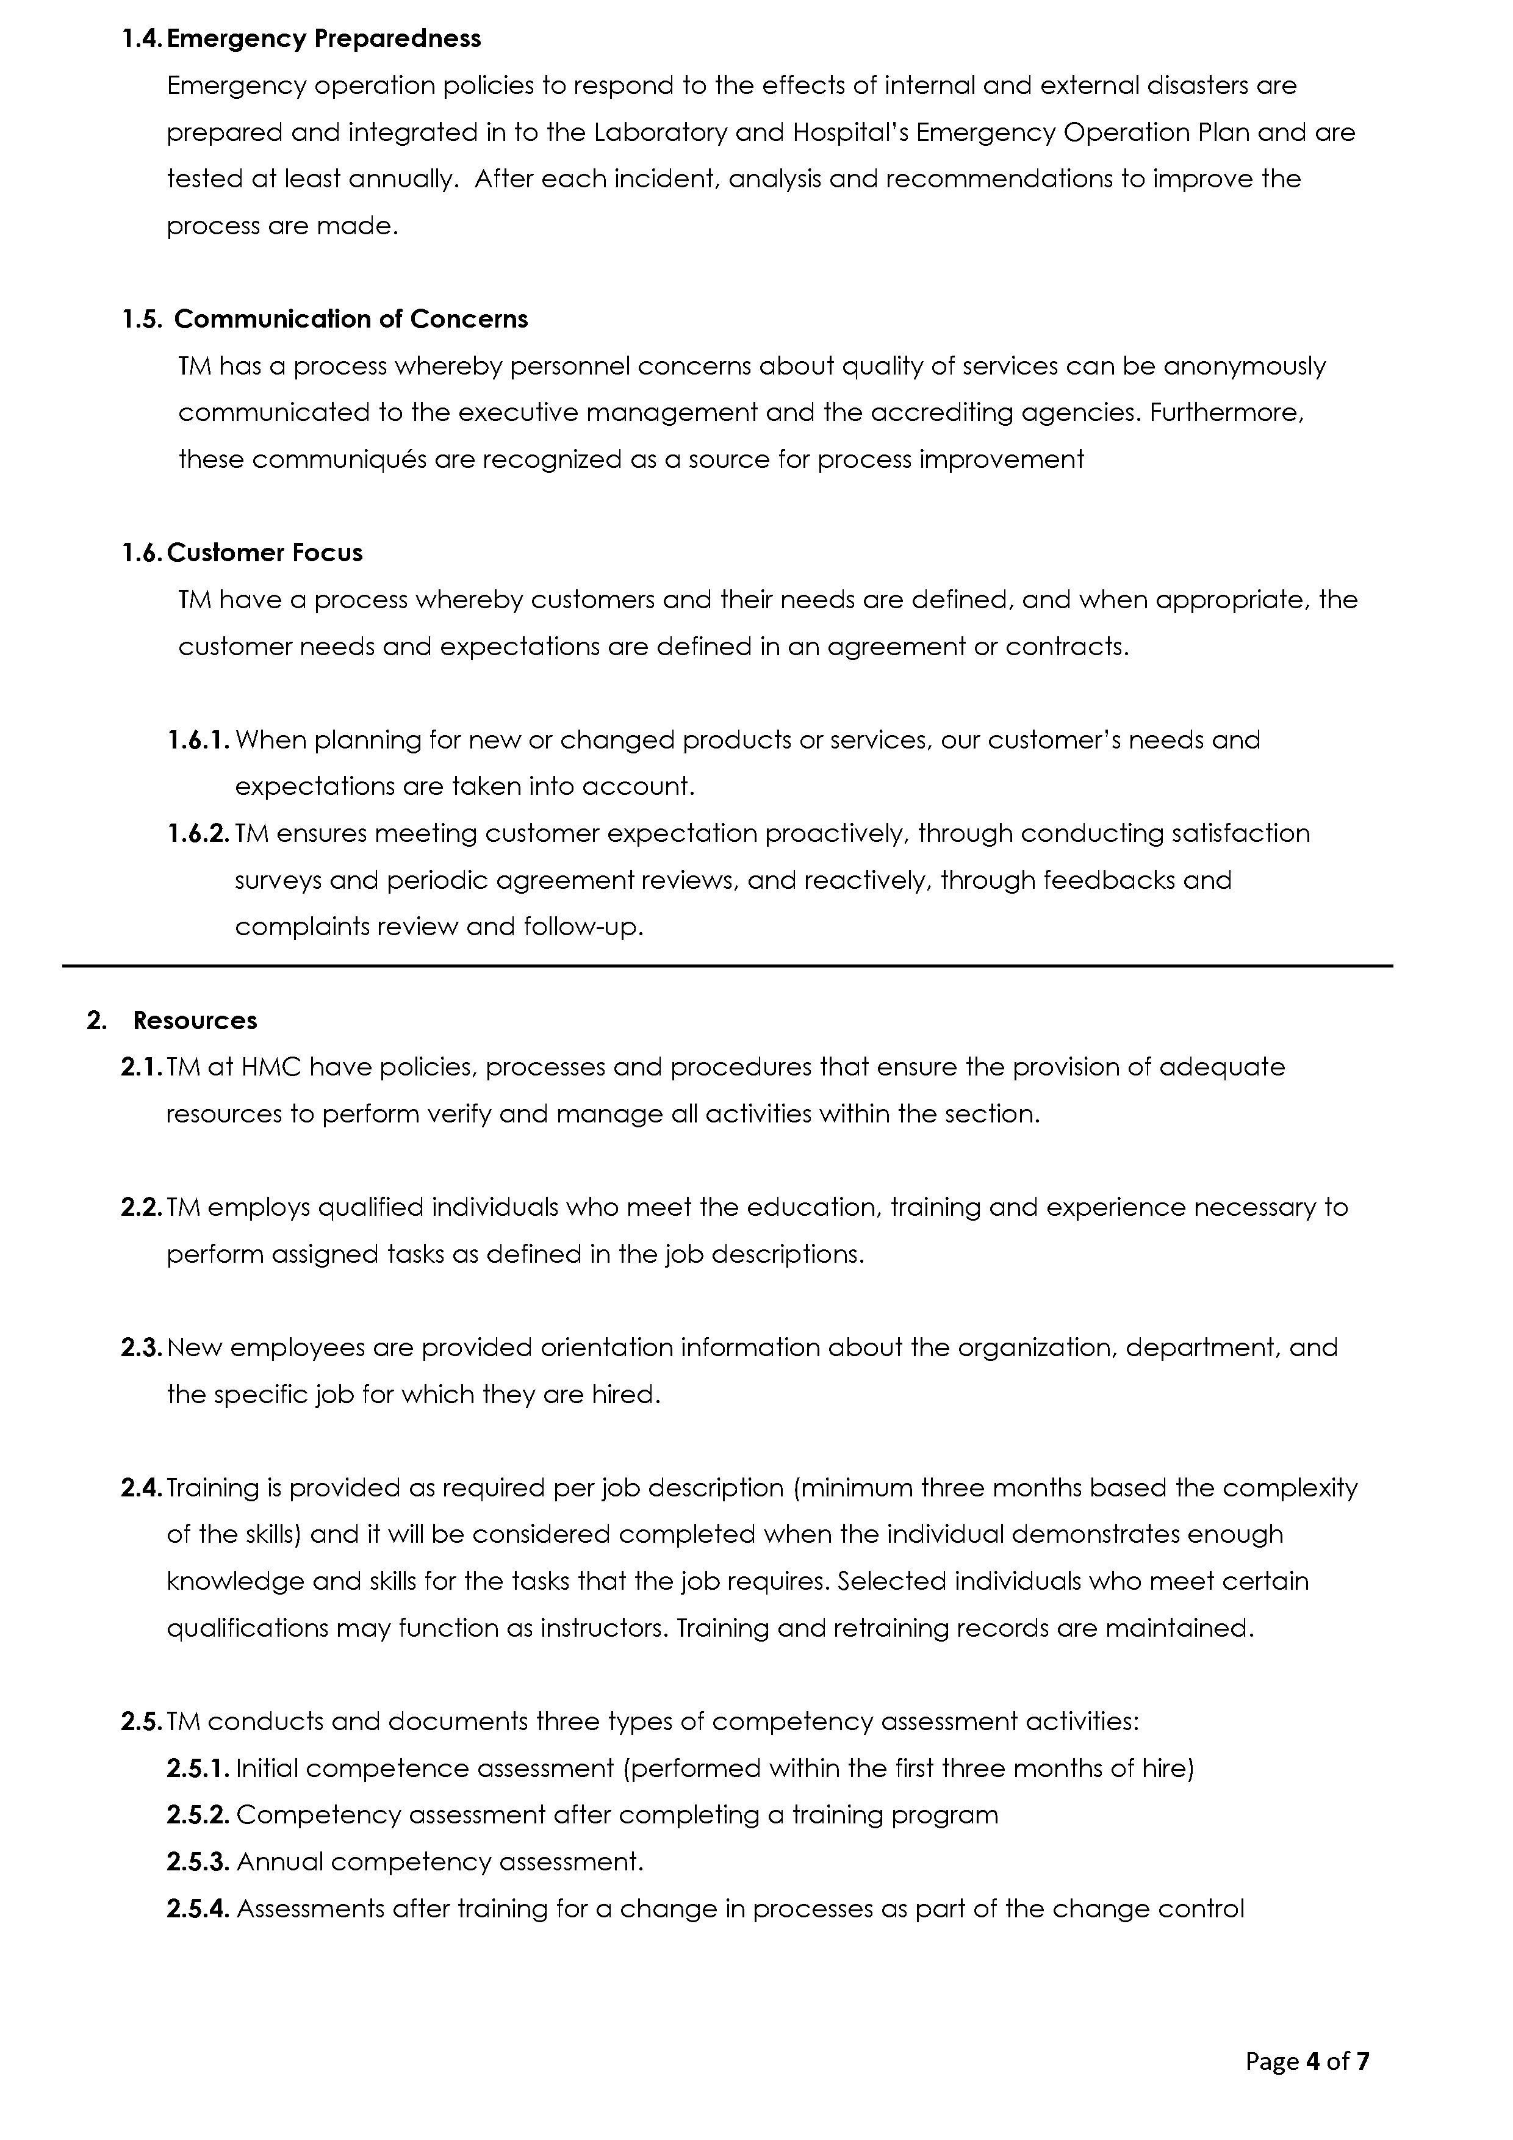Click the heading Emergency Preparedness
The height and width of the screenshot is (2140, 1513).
click(323, 39)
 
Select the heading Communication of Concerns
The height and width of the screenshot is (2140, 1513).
click(351, 320)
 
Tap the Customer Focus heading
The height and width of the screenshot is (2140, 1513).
click(265, 553)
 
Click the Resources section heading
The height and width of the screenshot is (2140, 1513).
click(195, 1021)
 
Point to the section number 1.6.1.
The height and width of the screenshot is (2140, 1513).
click(198, 740)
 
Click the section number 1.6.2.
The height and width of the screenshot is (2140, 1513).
click(198, 833)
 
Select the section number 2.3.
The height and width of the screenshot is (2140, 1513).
click(142, 1348)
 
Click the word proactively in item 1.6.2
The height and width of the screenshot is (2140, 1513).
click(836, 833)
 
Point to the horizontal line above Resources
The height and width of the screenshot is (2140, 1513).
click(727, 966)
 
